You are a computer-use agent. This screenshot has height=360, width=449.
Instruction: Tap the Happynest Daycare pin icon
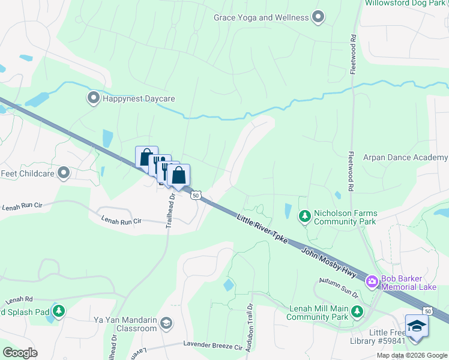[93, 98]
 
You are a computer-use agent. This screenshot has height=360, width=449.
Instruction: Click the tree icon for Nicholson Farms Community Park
[305, 215]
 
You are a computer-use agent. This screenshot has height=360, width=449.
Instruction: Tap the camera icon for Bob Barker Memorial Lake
[372, 281]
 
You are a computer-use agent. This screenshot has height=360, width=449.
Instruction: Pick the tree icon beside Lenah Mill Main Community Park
[357, 311]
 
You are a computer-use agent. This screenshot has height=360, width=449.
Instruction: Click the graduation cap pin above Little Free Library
[415, 326]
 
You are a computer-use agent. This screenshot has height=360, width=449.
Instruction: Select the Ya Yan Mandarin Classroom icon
[166, 325]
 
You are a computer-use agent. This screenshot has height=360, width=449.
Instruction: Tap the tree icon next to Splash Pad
[58, 311]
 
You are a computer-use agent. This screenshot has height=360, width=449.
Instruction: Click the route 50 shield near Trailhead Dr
[195, 195]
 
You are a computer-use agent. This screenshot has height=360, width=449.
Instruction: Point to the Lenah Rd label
[19, 301]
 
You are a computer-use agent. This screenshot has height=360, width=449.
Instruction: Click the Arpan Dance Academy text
[405, 158]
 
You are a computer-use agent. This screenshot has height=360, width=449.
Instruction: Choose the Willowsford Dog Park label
[406, 2]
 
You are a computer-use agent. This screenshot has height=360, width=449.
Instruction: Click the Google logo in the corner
[20, 352]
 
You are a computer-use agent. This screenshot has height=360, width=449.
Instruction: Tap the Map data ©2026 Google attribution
[411, 355]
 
